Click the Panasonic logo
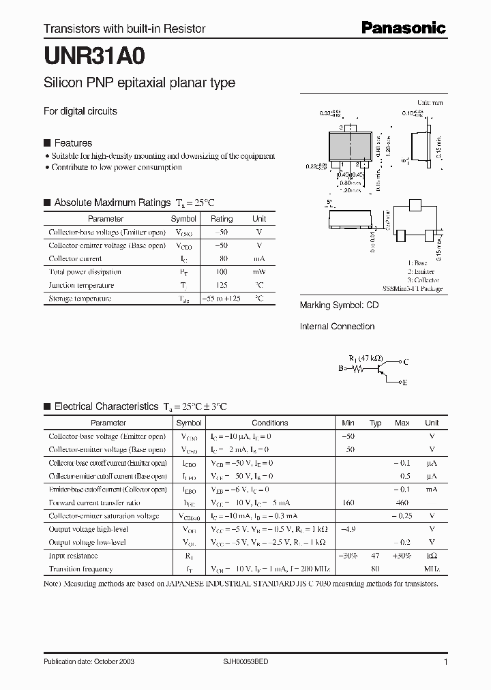(x=403, y=28)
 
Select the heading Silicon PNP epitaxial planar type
(x=139, y=82)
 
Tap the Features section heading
(x=73, y=143)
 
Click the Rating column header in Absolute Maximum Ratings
(x=221, y=219)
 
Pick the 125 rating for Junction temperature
(x=221, y=285)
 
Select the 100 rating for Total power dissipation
(x=221, y=272)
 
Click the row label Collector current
(x=75, y=259)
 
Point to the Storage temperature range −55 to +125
(x=221, y=299)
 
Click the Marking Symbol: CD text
(x=339, y=305)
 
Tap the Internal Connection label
(x=337, y=327)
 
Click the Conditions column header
(x=269, y=423)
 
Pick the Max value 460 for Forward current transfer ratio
(x=402, y=502)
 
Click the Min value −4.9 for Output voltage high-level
(x=348, y=529)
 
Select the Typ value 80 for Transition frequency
(x=374, y=569)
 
